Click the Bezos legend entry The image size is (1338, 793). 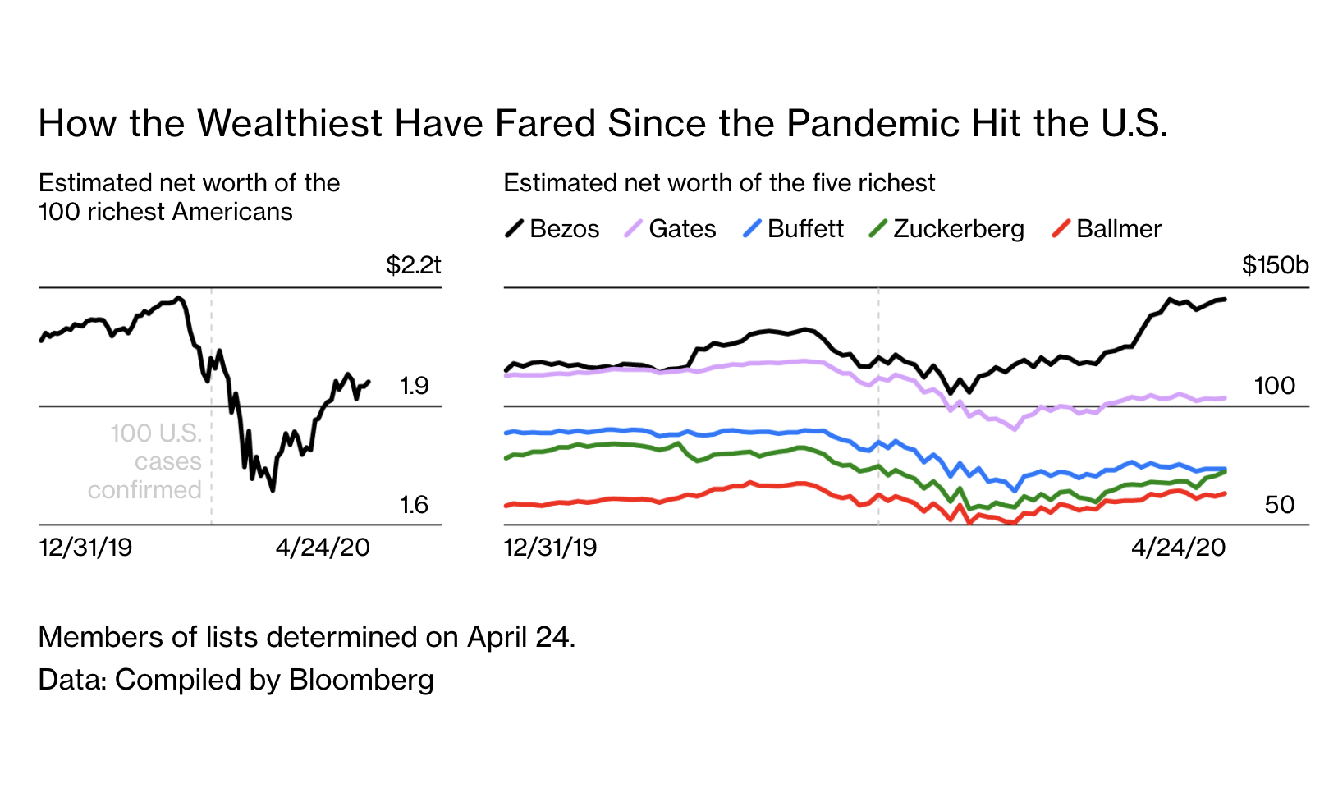(x=552, y=228)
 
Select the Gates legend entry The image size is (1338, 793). (x=670, y=228)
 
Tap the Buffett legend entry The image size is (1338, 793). (x=793, y=228)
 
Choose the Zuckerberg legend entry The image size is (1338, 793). (x=946, y=228)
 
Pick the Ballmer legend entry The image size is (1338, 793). (x=1107, y=228)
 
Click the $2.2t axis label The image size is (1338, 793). (x=414, y=265)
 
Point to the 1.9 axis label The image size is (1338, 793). (x=414, y=386)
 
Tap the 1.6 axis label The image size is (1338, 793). (x=414, y=505)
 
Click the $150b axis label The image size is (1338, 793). (x=1275, y=265)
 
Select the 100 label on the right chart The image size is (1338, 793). (x=1274, y=386)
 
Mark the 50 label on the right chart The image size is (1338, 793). (x=1279, y=505)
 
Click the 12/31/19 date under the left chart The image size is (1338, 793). (x=85, y=548)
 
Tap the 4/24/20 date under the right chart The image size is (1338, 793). (x=1178, y=548)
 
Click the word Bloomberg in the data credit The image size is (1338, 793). (x=361, y=680)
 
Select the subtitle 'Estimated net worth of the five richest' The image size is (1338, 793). (x=719, y=183)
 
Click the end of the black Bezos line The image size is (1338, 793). (x=1225, y=299)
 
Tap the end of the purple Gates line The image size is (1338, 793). (x=1225, y=398)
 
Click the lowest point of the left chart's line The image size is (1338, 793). (x=273, y=490)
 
